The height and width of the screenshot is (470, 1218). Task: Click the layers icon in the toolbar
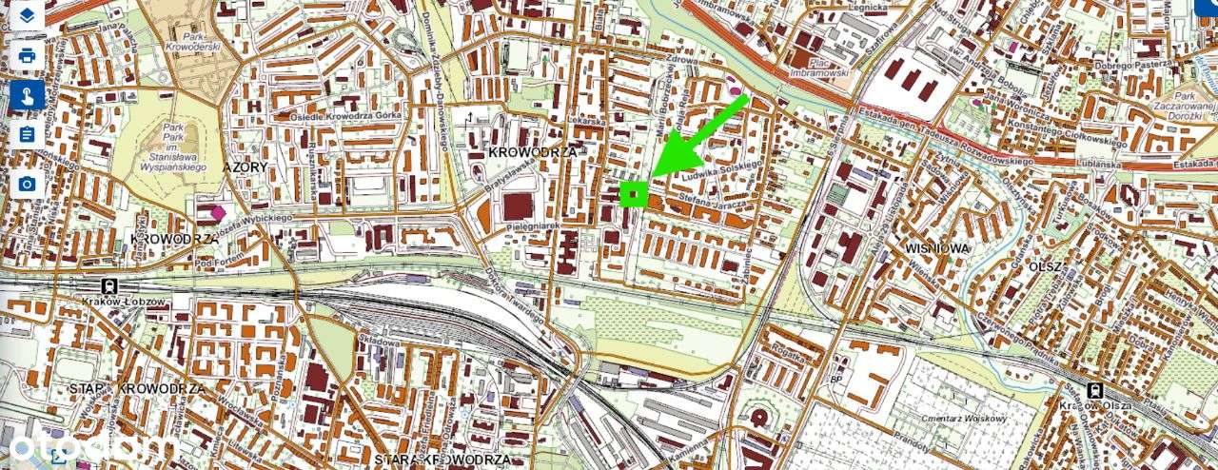click(x=28, y=16)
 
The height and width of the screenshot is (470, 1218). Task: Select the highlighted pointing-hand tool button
click(x=28, y=95)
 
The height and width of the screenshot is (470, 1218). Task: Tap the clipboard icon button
click(x=28, y=134)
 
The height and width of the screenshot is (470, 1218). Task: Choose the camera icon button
click(x=28, y=184)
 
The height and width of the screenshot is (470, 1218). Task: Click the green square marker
click(x=634, y=194)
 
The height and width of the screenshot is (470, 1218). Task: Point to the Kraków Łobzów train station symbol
click(x=110, y=285)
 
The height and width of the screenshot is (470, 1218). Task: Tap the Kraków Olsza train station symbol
click(x=1095, y=389)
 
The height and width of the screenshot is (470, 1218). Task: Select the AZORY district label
click(x=246, y=166)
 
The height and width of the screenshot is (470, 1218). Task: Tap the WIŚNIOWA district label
click(x=937, y=247)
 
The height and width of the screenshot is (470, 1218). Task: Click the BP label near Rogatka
click(x=836, y=379)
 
